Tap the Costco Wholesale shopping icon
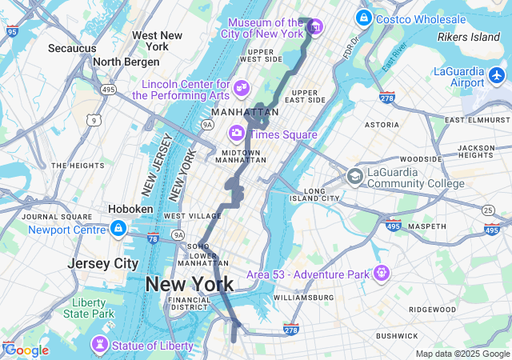point(364,17)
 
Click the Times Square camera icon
point(237,134)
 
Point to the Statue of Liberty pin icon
point(100,346)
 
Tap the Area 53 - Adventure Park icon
point(381,274)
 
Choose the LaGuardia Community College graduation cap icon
point(354,176)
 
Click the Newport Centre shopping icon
point(118,230)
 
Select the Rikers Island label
point(469,37)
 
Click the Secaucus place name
point(72,49)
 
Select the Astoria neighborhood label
point(382,125)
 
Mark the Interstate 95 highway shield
point(11,31)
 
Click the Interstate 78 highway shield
point(154,238)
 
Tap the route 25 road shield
point(489,209)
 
